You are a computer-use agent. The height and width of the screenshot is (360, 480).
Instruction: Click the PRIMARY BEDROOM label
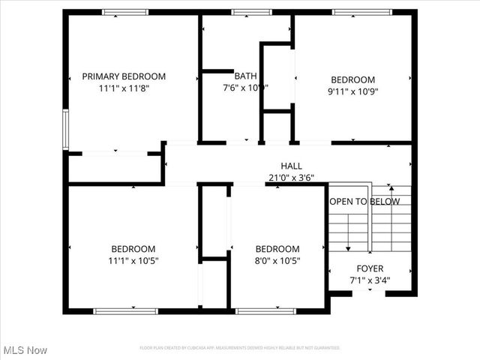(124, 76)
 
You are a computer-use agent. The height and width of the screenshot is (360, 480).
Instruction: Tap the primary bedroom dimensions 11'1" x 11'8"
(124, 88)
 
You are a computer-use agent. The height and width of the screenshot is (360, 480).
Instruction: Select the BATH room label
(245, 76)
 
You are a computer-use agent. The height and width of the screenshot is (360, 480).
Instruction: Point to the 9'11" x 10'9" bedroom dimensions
(352, 92)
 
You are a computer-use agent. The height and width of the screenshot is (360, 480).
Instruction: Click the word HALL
(292, 166)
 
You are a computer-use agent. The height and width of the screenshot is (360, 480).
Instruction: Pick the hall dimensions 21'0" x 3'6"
(292, 178)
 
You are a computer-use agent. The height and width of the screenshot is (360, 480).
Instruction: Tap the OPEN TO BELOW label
(364, 202)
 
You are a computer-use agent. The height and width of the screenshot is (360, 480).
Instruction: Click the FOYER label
(370, 268)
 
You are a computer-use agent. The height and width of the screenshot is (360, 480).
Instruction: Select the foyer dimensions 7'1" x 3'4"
(370, 280)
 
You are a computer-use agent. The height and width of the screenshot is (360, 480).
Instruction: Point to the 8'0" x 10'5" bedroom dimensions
(277, 261)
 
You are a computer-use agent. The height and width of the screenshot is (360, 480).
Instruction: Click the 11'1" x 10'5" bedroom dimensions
(133, 261)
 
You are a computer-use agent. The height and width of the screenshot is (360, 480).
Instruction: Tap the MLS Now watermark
(25, 350)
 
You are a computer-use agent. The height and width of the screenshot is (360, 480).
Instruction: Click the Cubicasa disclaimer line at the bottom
(240, 348)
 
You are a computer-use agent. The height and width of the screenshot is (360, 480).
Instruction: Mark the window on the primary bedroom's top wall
(125, 12)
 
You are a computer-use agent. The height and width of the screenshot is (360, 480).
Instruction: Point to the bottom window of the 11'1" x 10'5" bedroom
(125, 310)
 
